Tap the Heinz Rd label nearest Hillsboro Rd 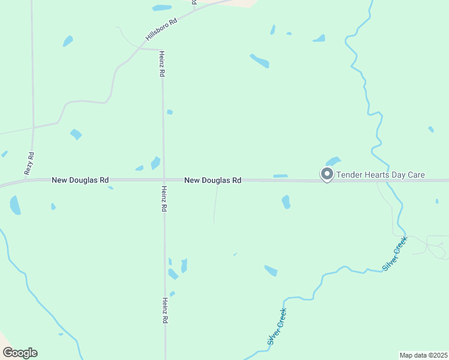(161, 63)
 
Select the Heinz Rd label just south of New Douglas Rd (164, 199)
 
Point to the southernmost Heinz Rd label (164, 311)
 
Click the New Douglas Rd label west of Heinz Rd (80, 180)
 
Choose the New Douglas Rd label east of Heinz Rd (212, 180)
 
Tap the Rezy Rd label (29, 163)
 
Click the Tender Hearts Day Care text (381, 175)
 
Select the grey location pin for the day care (327, 175)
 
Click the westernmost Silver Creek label (277, 326)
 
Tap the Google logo (20, 353)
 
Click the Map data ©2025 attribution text (423, 355)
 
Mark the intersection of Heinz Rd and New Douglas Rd (164, 179)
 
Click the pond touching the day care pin (333, 161)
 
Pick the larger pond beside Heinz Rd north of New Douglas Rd (155, 163)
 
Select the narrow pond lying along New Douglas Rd (280, 176)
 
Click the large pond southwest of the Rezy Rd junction (15, 205)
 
